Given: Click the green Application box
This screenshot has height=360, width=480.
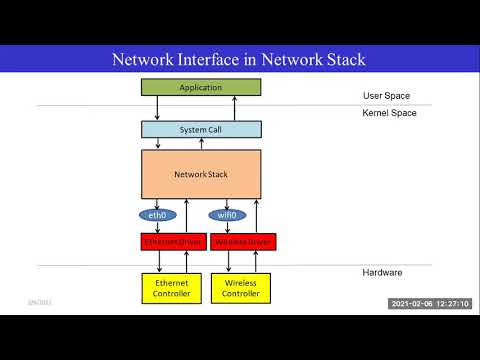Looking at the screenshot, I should (200, 88).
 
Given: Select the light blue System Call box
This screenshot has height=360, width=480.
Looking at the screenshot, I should (200, 129).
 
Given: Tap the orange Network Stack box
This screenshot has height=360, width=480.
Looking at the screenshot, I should (200, 174).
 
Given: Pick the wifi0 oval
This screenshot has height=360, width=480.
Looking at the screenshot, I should (226, 215).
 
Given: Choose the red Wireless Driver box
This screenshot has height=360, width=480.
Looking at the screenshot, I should (243, 242).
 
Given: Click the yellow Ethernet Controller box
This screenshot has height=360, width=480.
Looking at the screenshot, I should (171, 288).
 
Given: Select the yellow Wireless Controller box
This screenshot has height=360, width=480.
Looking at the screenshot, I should (240, 288).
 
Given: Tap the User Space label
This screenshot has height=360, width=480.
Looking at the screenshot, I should (386, 96).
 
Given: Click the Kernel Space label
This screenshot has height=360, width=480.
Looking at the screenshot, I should (389, 113).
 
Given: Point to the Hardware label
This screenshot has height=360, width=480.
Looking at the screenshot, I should (383, 272).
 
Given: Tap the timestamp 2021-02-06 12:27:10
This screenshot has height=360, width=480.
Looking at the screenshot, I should (430, 303).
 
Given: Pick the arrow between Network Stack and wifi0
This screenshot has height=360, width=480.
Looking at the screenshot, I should (226, 203).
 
